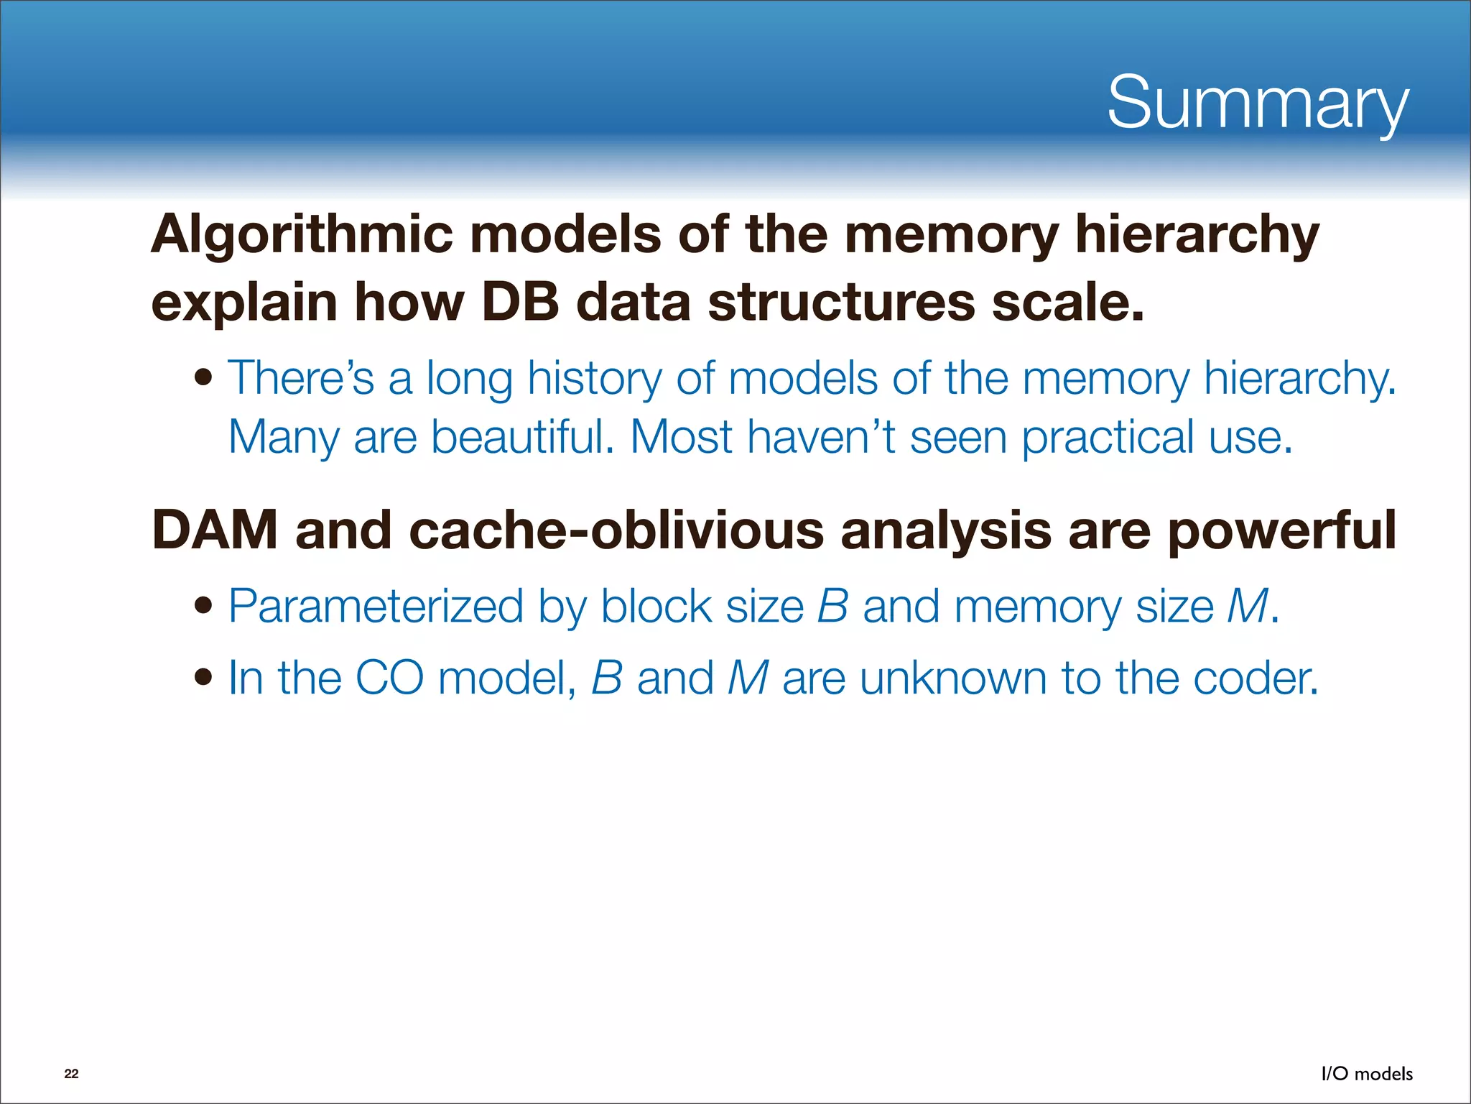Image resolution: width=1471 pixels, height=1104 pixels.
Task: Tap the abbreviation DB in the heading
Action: tap(519, 302)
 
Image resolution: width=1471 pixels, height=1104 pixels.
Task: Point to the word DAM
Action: tap(215, 530)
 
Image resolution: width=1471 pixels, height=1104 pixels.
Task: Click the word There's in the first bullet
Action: tap(301, 378)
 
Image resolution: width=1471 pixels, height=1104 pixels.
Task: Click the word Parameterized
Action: tap(376, 607)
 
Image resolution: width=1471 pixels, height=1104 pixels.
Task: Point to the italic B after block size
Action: tap(833, 607)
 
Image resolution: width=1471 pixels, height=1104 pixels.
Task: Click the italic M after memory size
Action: tap(1248, 607)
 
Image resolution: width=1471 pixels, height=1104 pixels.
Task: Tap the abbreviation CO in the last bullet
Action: tap(389, 678)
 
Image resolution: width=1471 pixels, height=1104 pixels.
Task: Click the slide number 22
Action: tap(71, 1074)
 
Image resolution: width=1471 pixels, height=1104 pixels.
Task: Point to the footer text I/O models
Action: tap(1367, 1074)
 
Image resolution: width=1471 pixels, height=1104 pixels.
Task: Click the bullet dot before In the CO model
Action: tap(204, 677)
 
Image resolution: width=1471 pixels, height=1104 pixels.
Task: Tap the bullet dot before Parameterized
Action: tap(204, 606)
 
